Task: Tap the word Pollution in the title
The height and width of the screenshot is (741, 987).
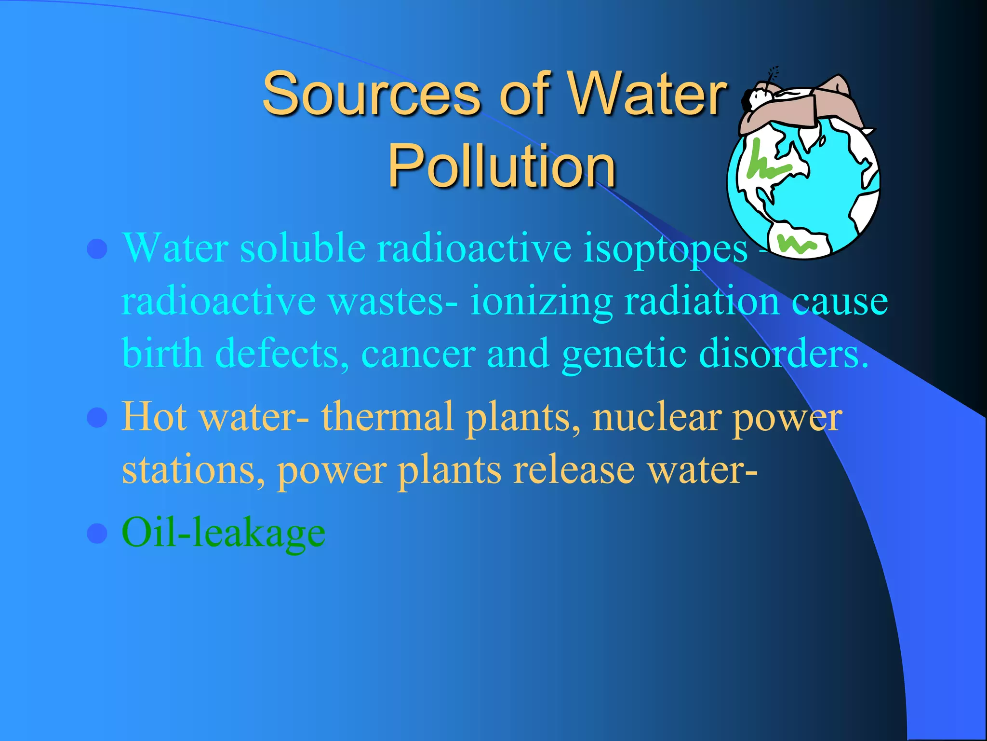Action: point(502,166)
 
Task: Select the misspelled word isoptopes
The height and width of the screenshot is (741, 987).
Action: point(665,249)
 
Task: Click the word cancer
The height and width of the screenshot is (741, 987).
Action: point(418,354)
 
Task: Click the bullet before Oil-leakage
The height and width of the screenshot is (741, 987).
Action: point(97,534)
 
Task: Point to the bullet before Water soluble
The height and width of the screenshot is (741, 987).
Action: point(97,249)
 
